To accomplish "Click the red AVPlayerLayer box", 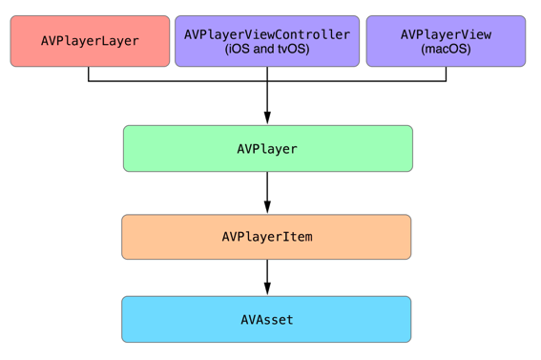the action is coord(90,41).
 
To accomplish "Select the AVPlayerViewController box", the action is coord(267,41).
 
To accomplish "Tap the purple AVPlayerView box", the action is coord(446,41).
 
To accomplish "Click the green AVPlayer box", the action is coord(268,148).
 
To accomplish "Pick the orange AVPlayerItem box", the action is coord(266,237).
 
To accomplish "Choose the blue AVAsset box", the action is coord(266,319).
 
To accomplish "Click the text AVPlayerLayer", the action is coord(90,41).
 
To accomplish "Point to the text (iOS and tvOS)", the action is coord(267,49).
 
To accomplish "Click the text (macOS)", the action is coord(446,49).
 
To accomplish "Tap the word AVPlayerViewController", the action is coord(267,34).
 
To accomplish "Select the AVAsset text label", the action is coord(267,320).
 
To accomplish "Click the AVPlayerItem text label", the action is coord(267,237).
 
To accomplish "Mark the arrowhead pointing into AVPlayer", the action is coord(267,117).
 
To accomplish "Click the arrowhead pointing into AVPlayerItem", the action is coord(267,207).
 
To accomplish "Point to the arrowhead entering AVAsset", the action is coord(267,288).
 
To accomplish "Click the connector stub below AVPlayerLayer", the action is coord(89,74).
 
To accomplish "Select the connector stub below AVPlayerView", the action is coord(446,74).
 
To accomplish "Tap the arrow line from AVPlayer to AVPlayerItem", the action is coord(267,193).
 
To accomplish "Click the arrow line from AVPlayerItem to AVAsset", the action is coord(267,277).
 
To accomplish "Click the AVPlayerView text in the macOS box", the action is coord(446,34).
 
